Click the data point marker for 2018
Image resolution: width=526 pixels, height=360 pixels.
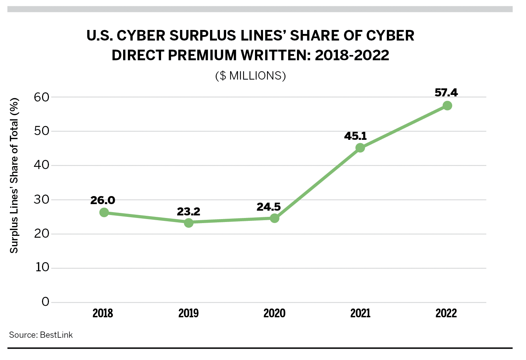point(104,212)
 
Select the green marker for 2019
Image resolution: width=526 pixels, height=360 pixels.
point(188,223)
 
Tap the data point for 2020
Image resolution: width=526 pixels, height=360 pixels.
point(274,218)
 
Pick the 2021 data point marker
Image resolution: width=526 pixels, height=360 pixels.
point(360,148)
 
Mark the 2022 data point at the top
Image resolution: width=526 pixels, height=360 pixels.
point(447,106)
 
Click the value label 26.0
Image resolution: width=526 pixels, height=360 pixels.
point(103,200)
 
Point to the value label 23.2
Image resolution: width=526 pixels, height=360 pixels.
point(188,211)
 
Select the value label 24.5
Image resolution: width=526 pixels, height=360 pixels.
point(268,207)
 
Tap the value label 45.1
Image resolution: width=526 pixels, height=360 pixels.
point(355,136)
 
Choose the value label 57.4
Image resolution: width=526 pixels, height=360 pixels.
point(446,93)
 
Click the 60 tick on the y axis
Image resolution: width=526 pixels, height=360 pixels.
point(41,97)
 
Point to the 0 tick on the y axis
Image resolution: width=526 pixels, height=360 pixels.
point(45,302)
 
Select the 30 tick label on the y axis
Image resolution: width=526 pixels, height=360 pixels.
point(41,200)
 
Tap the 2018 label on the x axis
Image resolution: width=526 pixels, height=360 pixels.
point(103,313)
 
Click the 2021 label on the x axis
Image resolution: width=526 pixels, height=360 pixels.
point(360,313)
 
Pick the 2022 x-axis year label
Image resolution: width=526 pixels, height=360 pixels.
point(446,313)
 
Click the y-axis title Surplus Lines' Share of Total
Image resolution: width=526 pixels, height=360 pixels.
point(14,175)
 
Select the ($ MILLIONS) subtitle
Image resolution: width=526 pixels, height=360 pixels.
point(251,76)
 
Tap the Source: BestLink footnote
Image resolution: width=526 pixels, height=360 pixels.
point(41,335)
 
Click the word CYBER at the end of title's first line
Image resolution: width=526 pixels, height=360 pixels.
point(390,36)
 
